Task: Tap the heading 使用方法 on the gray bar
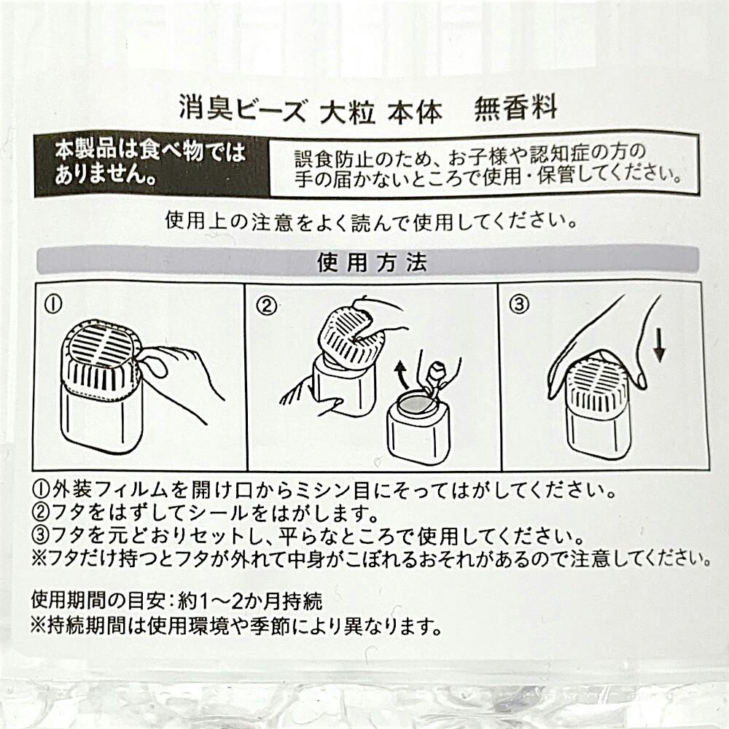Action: coord(372,262)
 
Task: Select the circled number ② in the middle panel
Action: coord(267,305)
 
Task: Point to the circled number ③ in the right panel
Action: coord(519,305)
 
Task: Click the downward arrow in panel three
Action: coord(659,346)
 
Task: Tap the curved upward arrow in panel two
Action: coord(401,375)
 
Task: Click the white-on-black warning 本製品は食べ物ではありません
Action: coord(149,163)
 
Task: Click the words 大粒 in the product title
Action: coord(347,112)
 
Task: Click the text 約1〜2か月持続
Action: coord(250,601)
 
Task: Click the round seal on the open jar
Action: coord(416,405)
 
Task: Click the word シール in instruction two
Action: coord(217,512)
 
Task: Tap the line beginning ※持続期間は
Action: coord(236,627)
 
